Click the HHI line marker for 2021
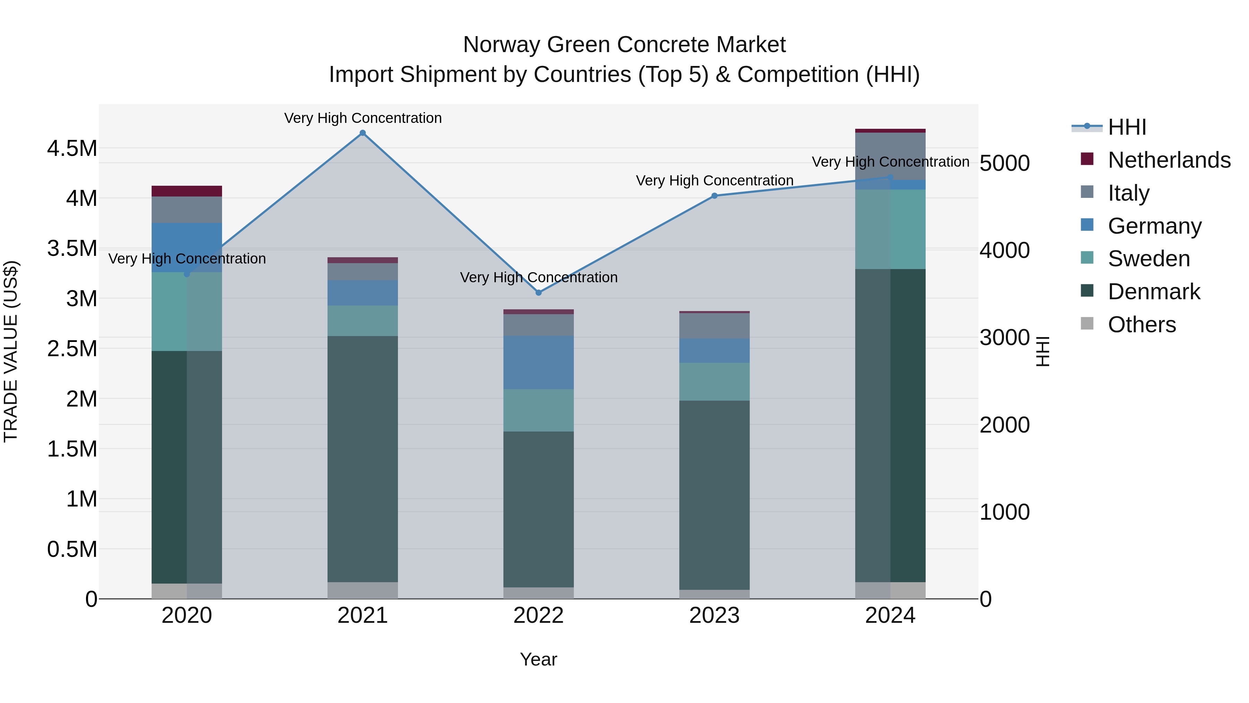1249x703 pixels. click(x=363, y=133)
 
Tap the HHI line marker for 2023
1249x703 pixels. click(x=714, y=196)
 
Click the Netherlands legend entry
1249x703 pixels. click(x=1169, y=160)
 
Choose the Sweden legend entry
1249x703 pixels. click(x=1148, y=259)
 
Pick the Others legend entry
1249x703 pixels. click(x=1141, y=325)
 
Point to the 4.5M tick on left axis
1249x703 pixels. click(x=72, y=149)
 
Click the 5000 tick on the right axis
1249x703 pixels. click(x=1004, y=163)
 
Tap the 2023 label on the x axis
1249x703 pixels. click(x=714, y=616)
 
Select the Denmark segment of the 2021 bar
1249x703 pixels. click(x=363, y=459)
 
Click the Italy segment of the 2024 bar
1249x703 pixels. click(x=890, y=156)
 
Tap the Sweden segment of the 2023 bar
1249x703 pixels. click(x=714, y=381)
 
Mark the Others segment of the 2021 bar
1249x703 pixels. click(x=363, y=590)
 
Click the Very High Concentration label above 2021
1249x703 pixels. click(x=363, y=118)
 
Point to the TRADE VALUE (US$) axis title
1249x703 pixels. click(x=11, y=351)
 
